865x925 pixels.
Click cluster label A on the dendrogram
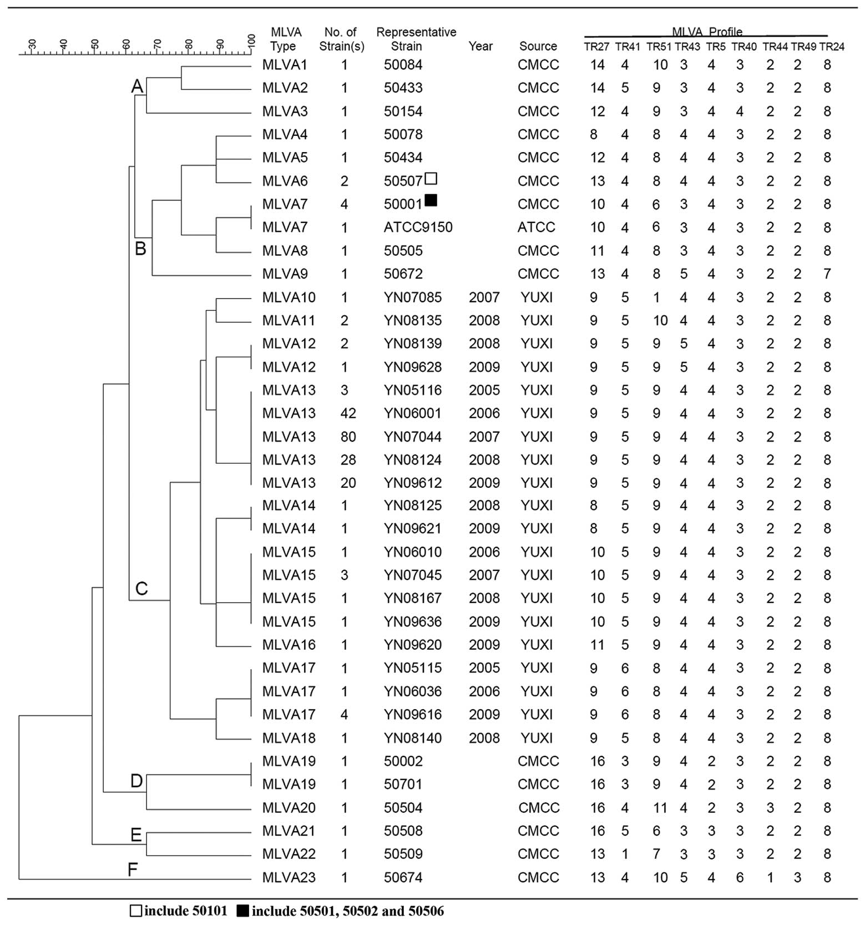(137, 87)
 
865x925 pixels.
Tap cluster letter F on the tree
(132, 869)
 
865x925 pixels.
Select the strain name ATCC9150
(418, 228)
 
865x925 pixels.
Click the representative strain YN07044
(412, 437)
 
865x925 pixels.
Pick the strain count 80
(348, 437)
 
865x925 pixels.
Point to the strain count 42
(348, 413)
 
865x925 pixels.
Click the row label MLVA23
(289, 877)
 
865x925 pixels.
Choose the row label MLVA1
(285, 65)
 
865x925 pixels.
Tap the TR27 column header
(596, 47)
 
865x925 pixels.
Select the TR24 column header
(831, 47)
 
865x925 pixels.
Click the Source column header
(538, 47)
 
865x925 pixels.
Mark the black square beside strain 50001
(431, 200)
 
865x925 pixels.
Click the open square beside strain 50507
(431, 178)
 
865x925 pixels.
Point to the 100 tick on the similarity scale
(251, 42)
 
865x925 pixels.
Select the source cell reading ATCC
(536, 228)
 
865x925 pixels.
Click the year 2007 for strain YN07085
(484, 297)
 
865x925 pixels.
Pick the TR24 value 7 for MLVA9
(827, 274)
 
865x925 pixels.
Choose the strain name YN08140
(412, 738)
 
